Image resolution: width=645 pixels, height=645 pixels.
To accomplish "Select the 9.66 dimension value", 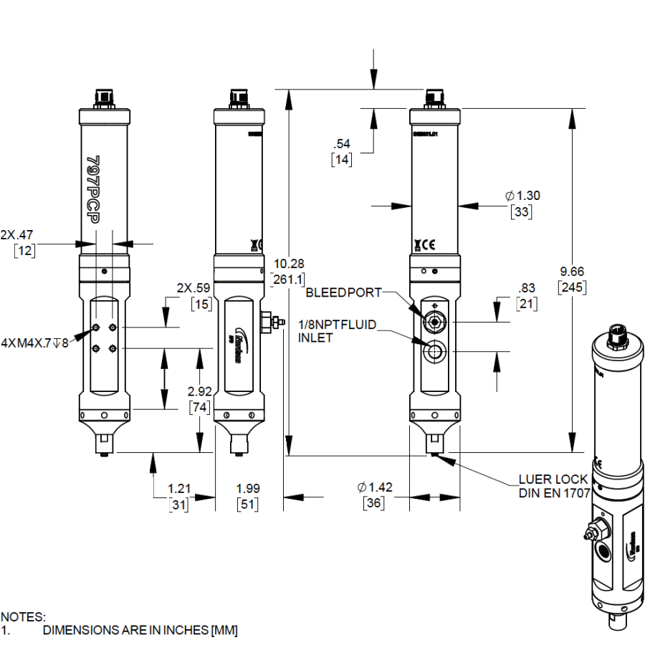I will (572, 272).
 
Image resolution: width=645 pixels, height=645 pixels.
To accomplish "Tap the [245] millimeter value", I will (572, 287).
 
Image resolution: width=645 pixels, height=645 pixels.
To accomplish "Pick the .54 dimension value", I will (342, 145).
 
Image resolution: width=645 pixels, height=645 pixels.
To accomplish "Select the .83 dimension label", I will (527, 288).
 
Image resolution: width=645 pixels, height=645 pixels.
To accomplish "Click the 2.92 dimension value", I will (199, 392).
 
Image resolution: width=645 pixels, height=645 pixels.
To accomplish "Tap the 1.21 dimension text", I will (178, 488).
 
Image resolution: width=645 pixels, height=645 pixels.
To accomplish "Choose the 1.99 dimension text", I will (247, 488).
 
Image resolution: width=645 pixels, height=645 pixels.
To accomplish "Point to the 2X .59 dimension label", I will (193, 288).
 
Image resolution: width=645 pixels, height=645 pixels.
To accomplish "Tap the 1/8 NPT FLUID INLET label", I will (337, 331).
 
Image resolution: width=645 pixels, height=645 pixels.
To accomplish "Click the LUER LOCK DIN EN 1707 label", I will (553, 486).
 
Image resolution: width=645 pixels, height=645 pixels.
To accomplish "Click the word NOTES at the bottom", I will (22, 616).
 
